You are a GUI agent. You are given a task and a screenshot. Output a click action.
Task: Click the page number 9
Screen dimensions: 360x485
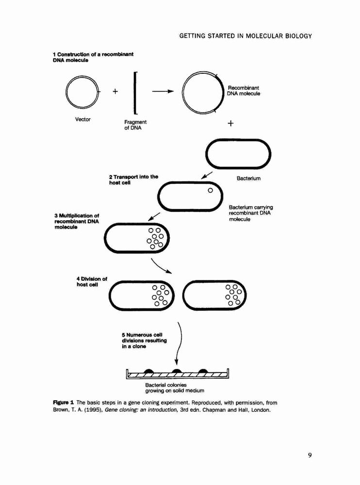[x=310, y=455]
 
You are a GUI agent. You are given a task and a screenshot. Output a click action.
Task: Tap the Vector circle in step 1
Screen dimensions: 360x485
[x=66, y=92]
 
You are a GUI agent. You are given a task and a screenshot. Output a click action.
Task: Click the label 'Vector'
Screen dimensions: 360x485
[x=82, y=119]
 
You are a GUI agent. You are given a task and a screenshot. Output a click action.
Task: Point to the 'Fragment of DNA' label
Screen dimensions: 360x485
[x=135, y=125]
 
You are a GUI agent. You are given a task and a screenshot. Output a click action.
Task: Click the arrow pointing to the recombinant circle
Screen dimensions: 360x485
[x=163, y=91]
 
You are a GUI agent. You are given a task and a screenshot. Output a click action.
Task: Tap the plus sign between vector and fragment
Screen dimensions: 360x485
[x=115, y=91]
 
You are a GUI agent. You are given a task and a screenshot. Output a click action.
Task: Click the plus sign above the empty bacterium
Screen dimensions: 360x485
[x=230, y=123]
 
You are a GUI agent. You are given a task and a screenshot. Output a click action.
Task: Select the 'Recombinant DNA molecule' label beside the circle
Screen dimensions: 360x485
[x=244, y=91]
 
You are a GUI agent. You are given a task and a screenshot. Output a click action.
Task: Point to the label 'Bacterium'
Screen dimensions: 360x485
[x=248, y=178]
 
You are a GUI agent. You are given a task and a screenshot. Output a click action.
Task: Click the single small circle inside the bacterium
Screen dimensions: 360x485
[x=211, y=190]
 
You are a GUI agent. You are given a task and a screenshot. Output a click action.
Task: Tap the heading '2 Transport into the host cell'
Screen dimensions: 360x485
[x=133, y=180]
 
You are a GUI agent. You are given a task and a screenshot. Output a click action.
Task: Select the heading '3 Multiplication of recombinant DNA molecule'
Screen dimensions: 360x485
[x=77, y=221]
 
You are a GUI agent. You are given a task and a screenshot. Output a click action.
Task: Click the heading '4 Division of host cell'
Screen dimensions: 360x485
[x=92, y=281]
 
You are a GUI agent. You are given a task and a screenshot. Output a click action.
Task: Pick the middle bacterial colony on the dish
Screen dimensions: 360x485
[x=177, y=371]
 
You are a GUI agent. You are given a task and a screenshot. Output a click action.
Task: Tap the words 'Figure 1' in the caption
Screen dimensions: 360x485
[x=64, y=403]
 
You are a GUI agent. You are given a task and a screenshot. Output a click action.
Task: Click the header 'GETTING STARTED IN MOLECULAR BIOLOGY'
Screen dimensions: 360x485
[x=245, y=36]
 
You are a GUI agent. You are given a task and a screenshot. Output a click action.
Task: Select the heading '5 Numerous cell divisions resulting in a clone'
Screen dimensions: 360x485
[x=144, y=340]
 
